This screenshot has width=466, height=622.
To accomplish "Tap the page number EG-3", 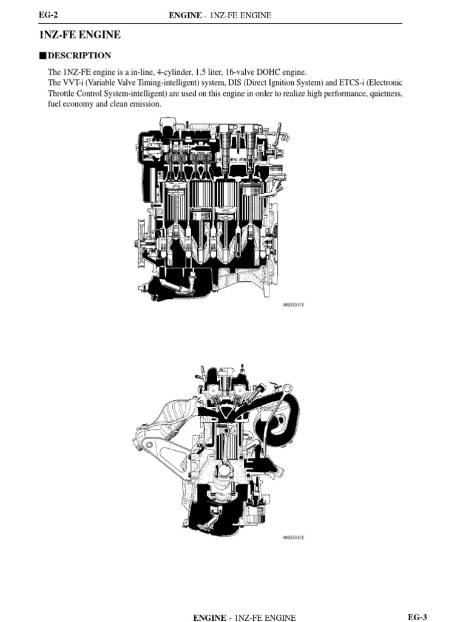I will pyautogui.click(x=417, y=617).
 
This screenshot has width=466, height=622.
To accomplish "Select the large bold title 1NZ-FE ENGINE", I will pyautogui.click(x=79, y=35).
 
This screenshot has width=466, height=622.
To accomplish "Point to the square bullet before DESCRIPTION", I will pyautogui.click(x=42, y=56).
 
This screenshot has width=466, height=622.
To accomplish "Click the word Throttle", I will pyautogui.click(x=62, y=94).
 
